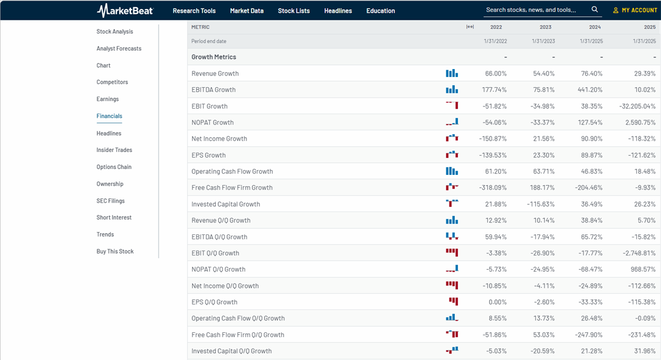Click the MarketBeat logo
[x=125, y=10]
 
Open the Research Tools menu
[x=194, y=11]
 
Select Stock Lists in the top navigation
[x=294, y=11]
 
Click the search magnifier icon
[x=595, y=10]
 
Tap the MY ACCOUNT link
[x=635, y=10]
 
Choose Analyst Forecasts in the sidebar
[x=119, y=49]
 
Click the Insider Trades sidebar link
[x=114, y=150]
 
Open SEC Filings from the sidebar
[x=111, y=201]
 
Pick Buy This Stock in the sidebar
[x=115, y=251]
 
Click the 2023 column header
[x=546, y=27]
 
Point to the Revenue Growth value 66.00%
[x=496, y=73]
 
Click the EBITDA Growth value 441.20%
[x=591, y=90]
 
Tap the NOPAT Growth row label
[x=212, y=123]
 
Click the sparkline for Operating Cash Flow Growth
[x=452, y=171]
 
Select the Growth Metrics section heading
[x=213, y=57]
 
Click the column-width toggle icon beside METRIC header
[x=470, y=27]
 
